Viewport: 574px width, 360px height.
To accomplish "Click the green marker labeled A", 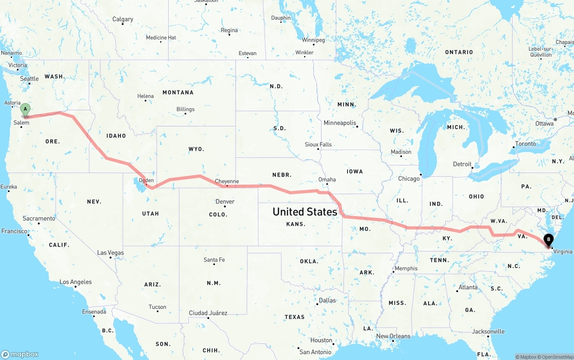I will pyautogui.click(x=26, y=109).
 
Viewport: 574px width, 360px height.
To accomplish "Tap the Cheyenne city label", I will pyautogui.click(x=227, y=182).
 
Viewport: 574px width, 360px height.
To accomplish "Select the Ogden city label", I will pyautogui.click(x=146, y=180).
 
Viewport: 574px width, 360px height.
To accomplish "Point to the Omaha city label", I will pyautogui.click(x=327, y=179).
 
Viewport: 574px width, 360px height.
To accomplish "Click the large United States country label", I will pyautogui.click(x=304, y=212).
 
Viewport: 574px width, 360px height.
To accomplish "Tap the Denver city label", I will pyautogui.click(x=225, y=201).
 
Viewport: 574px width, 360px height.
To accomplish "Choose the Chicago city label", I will pyautogui.click(x=409, y=178).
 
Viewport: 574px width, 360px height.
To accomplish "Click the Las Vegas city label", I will pyautogui.click(x=110, y=253).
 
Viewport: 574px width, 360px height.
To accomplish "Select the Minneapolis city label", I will pyautogui.click(x=340, y=123).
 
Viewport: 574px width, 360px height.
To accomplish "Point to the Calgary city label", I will pyautogui.click(x=122, y=19).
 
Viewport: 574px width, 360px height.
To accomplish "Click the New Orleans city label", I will pyautogui.click(x=393, y=336).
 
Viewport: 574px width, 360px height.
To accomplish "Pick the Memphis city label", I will pyautogui.click(x=406, y=269).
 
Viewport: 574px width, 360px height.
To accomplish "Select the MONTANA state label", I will pyautogui.click(x=178, y=92).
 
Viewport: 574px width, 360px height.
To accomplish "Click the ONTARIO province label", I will pyautogui.click(x=459, y=52).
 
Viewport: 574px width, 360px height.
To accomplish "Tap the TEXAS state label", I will pyautogui.click(x=295, y=317).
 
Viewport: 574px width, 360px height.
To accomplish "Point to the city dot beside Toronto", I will pyautogui.click(x=513, y=147).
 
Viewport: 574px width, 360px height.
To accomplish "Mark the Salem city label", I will pyautogui.click(x=22, y=122).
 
